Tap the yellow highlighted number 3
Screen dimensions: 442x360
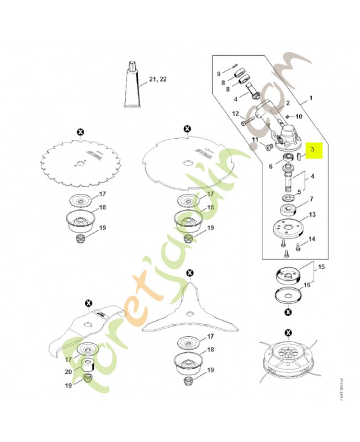313,149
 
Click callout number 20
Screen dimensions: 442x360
68,371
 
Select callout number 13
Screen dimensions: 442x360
312,214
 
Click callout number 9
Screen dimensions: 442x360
218,73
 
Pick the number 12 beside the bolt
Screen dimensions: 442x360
235,114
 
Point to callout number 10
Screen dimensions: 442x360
299,117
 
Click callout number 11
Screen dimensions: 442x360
255,140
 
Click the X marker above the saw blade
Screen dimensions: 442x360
81,131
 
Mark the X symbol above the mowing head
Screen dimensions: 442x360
288,332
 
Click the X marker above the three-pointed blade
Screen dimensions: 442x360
190,273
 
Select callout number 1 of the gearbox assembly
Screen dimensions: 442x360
310,98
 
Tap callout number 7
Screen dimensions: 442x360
311,199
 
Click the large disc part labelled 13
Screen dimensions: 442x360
286,229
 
